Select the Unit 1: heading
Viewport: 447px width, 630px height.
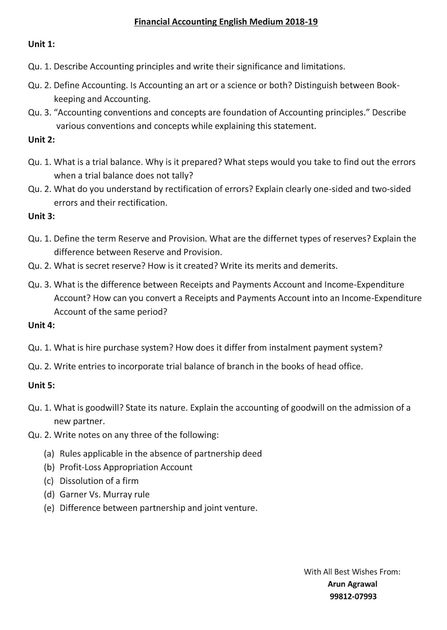pos(41,44)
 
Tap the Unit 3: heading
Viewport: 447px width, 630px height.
pos(41,216)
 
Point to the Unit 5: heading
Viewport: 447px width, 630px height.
pos(41,385)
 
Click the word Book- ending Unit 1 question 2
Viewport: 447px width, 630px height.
pos(388,85)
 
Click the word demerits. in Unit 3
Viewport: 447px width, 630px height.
pos(319,266)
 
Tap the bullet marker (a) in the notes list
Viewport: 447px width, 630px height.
pos(49,454)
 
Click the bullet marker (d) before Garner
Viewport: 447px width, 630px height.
pos(49,495)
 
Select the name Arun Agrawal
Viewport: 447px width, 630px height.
pos(352,584)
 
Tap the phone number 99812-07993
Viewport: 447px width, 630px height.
pos(353,596)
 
